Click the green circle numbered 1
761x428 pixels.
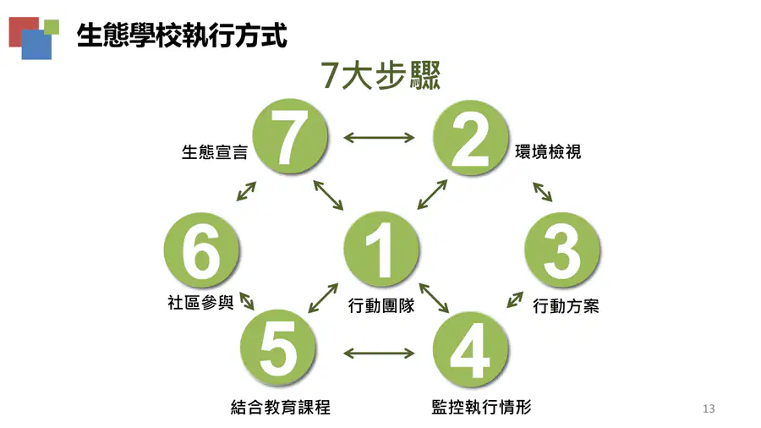click(x=381, y=249)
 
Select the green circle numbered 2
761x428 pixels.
click(x=470, y=138)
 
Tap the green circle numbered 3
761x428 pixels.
click(x=562, y=250)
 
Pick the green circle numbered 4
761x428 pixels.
click(x=470, y=349)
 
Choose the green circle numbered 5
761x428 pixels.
click(x=278, y=348)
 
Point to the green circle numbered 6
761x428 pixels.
click(x=201, y=250)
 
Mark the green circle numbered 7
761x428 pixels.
click(x=290, y=136)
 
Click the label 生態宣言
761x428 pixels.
click(x=215, y=152)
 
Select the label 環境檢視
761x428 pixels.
click(x=548, y=152)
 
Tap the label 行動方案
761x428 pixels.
click(x=566, y=306)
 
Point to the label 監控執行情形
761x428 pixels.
click(x=481, y=407)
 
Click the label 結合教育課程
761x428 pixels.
click(x=281, y=407)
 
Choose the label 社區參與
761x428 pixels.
click(x=200, y=302)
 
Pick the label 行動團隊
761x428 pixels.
click(x=381, y=305)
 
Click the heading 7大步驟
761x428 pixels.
click(x=380, y=75)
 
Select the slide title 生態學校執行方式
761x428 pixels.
click(x=182, y=36)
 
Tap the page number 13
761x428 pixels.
click(x=709, y=409)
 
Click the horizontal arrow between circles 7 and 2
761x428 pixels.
click(x=379, y=138)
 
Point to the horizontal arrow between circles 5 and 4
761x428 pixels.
click(x=379, y=353)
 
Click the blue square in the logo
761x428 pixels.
click(x=36, y=45)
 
